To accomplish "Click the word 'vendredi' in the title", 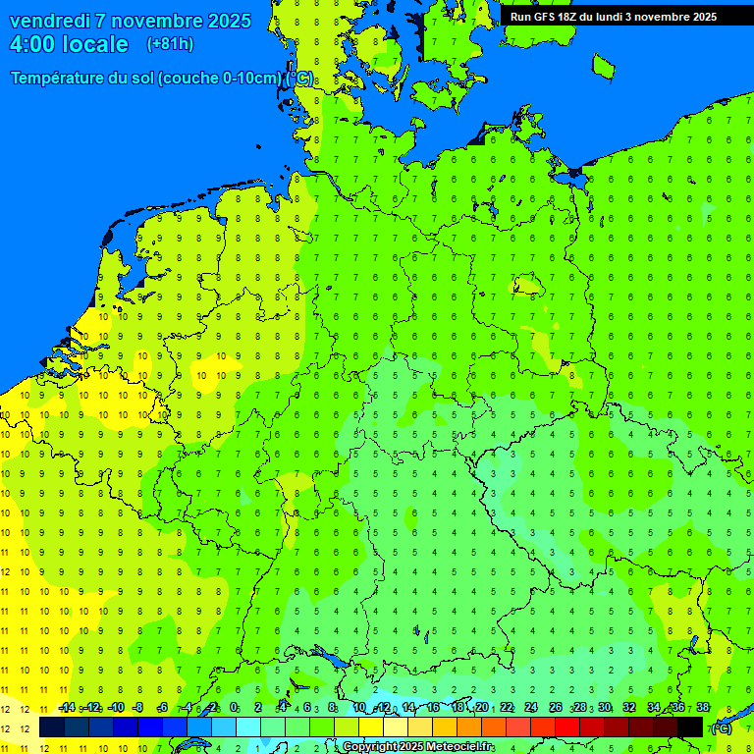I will (52, 21).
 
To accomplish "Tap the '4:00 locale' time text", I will (69, 44).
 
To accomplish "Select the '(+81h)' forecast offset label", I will (170, 44).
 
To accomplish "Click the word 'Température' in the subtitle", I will (57, 79).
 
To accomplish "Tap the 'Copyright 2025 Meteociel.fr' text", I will (418, 747).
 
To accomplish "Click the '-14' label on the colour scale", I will (66, 708).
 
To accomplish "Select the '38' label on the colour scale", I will (703, 708).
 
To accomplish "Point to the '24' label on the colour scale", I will (531, 708).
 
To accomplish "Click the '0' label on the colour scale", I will (235, 708).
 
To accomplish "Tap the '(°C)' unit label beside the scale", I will (722, 728).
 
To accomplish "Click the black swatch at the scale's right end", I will (690, 727).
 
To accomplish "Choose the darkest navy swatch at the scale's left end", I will (52, 727).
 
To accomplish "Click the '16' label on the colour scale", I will (433, 708).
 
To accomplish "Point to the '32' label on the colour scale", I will (629, 708).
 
